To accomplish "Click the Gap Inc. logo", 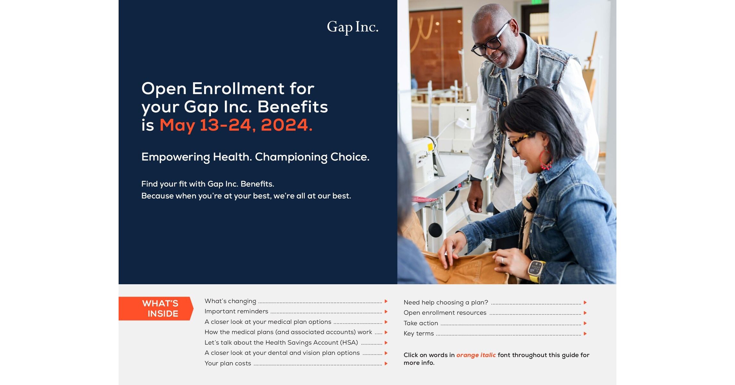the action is pyautogui.click(x=353, y=27).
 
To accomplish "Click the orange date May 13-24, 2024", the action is pyautogui.click(x=236, y=125).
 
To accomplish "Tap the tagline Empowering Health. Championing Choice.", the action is pyautogui.click(x=255, y=157).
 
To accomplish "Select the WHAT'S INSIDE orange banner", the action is pyautogui.click(x=156, y=309).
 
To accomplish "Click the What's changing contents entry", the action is pyautogui.click(x=230, y=301).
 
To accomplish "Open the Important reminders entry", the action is pyautogui.click(x=236, y=312).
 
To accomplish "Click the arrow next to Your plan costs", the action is pyautogui.click(x=386, y=364).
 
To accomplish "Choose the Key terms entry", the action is pyautogui.click(x=419, y=334).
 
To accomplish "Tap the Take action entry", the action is pyautogui.click(x=421, y=323).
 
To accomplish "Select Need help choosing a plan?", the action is pyautogui.click(x=446, y=303).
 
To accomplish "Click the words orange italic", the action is pyautogui.click(x=476, y=355).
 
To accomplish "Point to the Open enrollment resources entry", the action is pyautogui.click(x=445, y=313).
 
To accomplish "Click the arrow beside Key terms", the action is pyautogui.click(x=585, y=334).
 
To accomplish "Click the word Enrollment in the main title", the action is pyautogui.click(x=238, y=89).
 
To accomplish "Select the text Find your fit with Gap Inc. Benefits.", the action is pyautogui.click(x=208, y=184).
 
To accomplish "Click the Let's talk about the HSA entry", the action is pyautogui.click(x=281, y=343).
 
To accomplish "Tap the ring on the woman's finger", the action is pyautogui.click(x=503, y=260).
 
